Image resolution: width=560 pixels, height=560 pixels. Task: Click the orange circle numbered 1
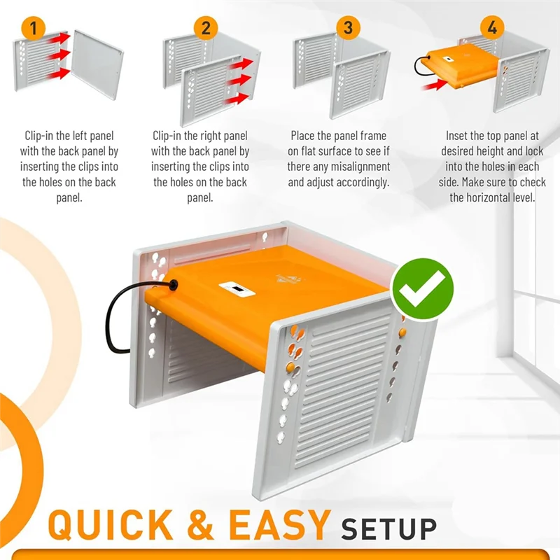click(33, 28)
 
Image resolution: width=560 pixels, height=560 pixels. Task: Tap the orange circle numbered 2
click(206, 28)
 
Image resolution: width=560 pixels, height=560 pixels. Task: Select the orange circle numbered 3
click(348, 28)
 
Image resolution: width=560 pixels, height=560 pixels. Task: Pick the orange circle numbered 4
click(492, 27)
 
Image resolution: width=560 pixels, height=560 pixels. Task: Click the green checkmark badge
click(422, 289)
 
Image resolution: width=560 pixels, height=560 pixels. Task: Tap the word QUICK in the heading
click(110, 525)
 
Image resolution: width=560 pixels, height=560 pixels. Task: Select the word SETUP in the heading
click(389, 528)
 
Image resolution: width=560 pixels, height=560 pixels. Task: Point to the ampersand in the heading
click(200, 524)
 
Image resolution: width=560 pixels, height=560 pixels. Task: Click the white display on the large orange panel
click(237, 289)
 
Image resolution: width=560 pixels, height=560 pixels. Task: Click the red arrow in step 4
click(434, 85)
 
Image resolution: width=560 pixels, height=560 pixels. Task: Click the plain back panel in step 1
click(97, 64)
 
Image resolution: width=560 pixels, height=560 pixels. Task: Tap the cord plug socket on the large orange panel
click(174, 285)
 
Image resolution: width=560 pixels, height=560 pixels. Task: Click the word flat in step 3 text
click(313, 151)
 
